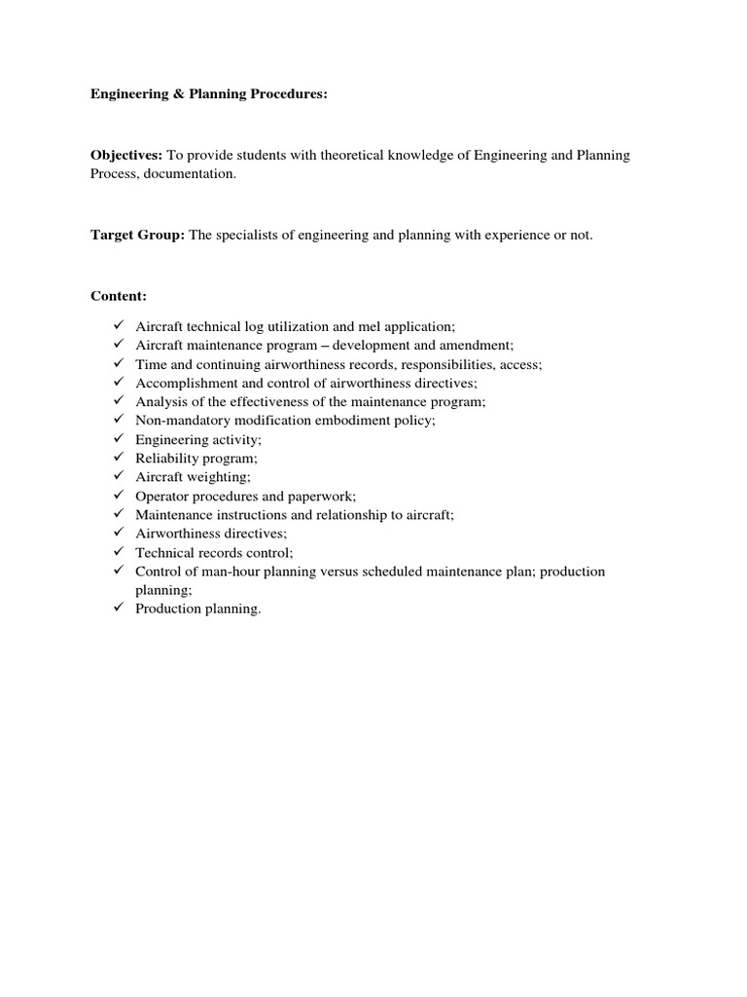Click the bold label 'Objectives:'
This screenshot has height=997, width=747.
[x=127, y=156]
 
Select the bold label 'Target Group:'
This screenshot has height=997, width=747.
[x=137, y=235]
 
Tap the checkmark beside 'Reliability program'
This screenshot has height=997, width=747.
[x=119, y=458]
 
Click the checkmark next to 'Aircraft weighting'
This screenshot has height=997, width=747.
[x=119, y=476]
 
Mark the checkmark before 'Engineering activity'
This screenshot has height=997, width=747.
[x=119, y=439]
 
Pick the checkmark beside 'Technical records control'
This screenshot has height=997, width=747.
[x=119, y=552]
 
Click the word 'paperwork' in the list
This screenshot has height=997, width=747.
[x=325, y=496]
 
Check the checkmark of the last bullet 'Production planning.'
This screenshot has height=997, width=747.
[x=119, y=609]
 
